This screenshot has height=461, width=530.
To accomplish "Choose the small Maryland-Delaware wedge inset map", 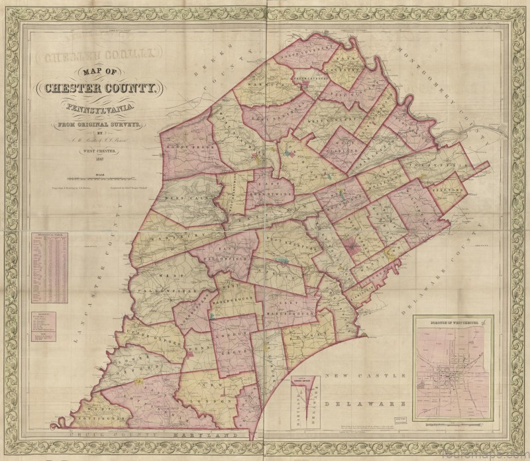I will pyautogui.click(x=305, y=400).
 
